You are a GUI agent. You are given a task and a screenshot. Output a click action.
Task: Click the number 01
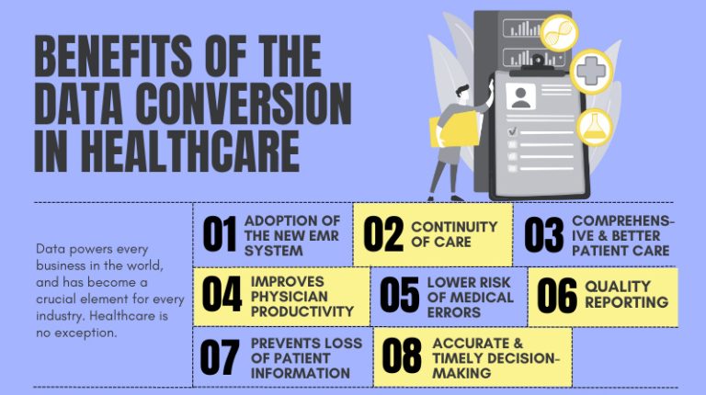click(x=220, y=234)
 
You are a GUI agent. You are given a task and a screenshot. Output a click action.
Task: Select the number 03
click(x=543, y=234)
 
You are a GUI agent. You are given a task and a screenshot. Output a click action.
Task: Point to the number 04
click(x=222, y=295)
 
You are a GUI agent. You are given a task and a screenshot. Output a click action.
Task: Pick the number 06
click(x=557, y=295)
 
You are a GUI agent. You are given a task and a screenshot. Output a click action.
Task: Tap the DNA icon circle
click(x=558, y=33)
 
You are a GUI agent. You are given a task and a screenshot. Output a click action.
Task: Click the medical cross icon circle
click(x=590, y=71)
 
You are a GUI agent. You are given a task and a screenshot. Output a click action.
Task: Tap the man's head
click(x=465, y=93)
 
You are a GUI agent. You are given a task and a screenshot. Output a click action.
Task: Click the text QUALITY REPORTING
click(x=626, y=294)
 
